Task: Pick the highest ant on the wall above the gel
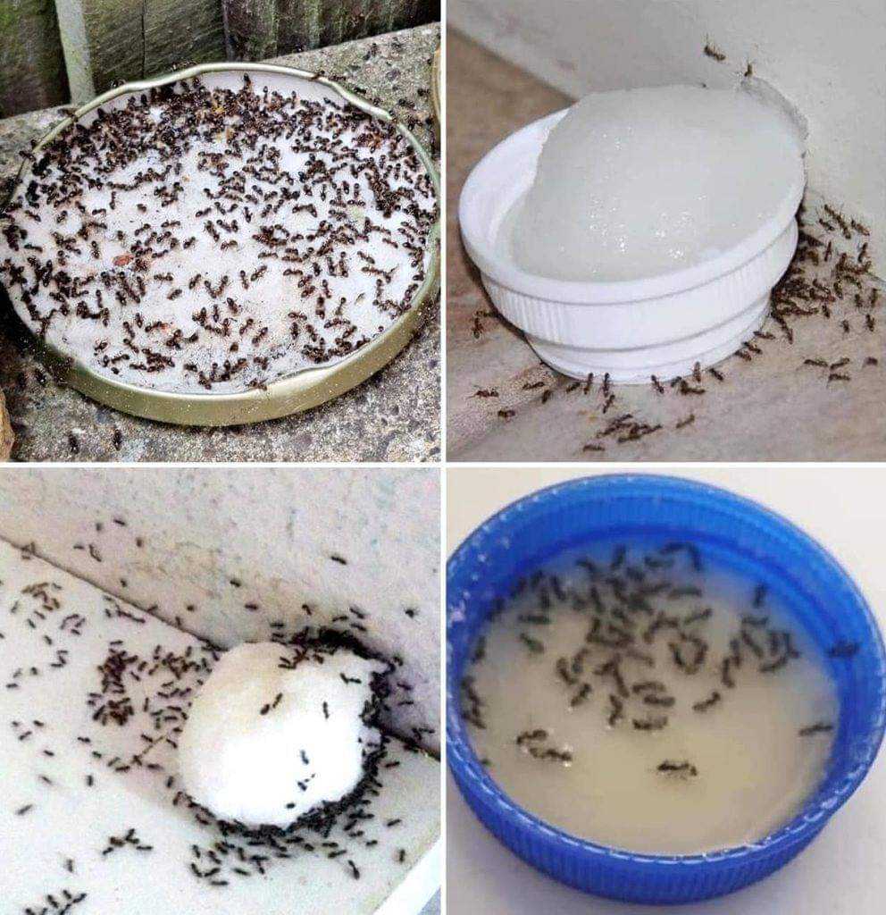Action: pyautogui.click(x=714, y=52)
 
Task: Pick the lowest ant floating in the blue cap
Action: pyautogui.click(x=677, y=767)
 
